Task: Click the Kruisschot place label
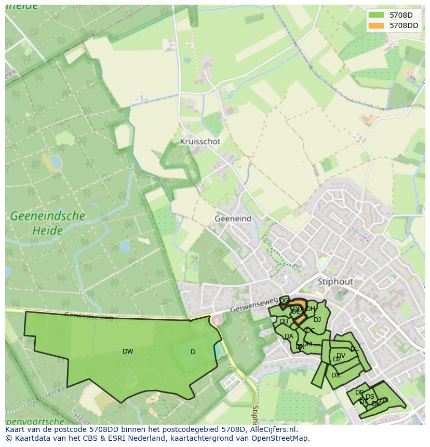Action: click(200, 141)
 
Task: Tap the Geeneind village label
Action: click(233, 219)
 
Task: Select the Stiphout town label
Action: click(335, 281)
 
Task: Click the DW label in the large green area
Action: click(128, 351)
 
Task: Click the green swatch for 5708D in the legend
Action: click(377, 15)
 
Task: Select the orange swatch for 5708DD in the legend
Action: click(377, 25)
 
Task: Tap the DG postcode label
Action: click(284, 301)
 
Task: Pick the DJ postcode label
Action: click(317, 320)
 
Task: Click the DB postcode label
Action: click(284, 322)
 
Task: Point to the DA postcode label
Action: click(289, 336)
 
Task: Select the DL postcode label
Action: click(354, 349)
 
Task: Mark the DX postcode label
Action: click(335, 375)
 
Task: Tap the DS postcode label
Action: click(370, 397)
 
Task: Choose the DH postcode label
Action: click(311, 309)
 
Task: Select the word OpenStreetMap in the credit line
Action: click(279, 438)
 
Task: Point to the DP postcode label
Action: click(359, 392)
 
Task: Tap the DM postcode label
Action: click(307, 344)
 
